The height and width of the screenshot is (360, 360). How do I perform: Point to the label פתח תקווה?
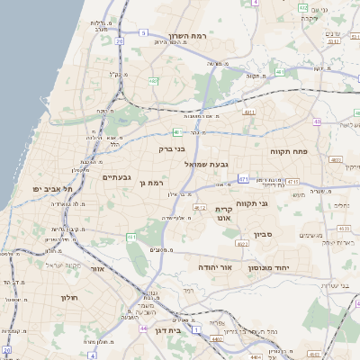tap(289, 152)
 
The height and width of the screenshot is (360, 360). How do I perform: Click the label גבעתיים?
tap(118, 177)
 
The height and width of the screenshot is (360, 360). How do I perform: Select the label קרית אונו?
tap(224, 213)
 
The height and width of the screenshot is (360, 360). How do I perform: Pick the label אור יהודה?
tap(215, 267)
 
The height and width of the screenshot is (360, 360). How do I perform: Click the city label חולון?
tap(69, 297)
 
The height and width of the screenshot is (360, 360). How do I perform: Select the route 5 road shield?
tap(143, 32)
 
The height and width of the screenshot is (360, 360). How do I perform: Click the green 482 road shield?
tap(154, 81)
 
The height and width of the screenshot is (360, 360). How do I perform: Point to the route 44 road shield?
tap(143, 328)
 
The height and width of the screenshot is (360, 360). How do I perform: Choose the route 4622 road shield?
tap(241, 243)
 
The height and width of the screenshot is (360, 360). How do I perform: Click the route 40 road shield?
tap(317, 121)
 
